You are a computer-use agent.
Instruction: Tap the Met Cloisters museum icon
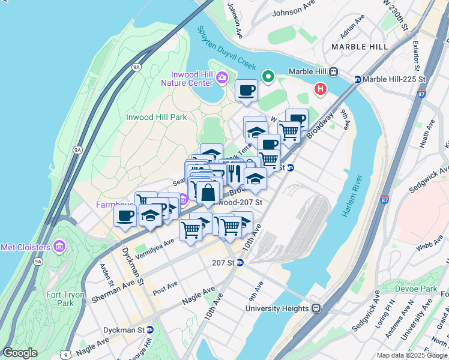(x=59, y=246)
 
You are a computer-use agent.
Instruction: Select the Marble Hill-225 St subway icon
(x=358, y=79)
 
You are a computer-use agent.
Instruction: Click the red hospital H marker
(x=321, y=89)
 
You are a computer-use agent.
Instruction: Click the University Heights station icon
(x=316, y=309)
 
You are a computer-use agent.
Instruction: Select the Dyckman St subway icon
(x=150, y=329)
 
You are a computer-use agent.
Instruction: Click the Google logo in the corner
(x=20, y=353)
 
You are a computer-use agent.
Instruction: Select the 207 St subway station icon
(x=240, y=262)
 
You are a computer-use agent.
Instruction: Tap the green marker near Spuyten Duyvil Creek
(x=268, y=77)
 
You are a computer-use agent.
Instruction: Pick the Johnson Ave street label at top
(x=295, y=11)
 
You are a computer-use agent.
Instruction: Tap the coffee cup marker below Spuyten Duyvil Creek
(x=246, y=91)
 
